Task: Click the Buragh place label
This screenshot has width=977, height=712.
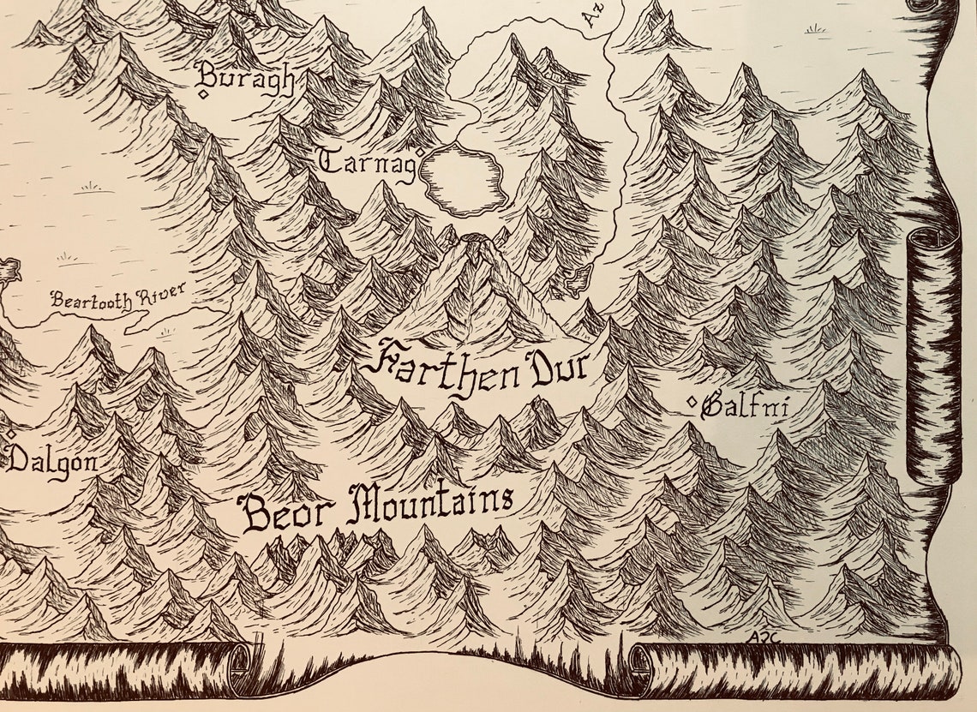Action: (x=247, y=79)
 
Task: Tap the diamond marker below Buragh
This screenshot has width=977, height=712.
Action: (x=204, y=94)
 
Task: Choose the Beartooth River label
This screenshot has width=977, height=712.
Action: (x=117, y=299)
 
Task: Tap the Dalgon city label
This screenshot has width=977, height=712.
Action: (x=52, y=464)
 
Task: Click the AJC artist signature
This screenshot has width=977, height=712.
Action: (x=758, y=637)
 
